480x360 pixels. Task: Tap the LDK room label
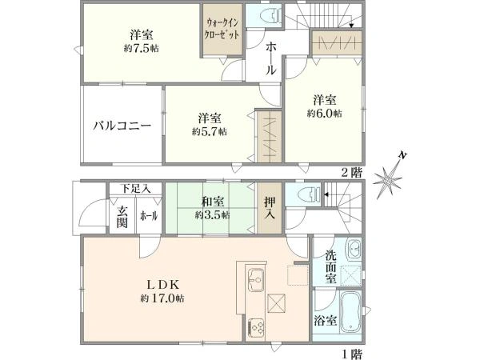tap(156, 284)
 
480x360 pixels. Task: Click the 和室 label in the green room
tap(211, 202)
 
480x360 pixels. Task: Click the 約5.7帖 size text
tap(209, 130)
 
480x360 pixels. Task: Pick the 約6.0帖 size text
tap(325, 114)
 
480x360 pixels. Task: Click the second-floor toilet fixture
tap(267, 15)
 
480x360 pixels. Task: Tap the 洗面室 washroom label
tap(330, 267)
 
